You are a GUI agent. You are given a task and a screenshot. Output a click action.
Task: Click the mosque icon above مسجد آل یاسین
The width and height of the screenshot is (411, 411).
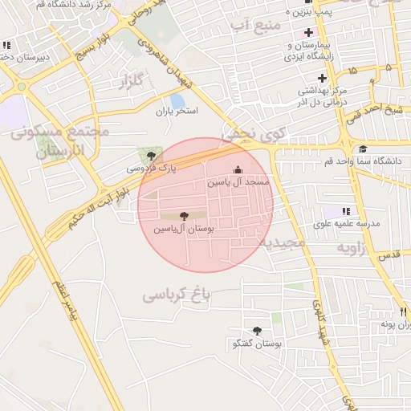pyautogui.click(x=237, y=170)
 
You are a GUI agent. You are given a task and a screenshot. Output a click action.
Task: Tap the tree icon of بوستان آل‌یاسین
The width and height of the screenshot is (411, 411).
pyautogui.click(x=185, y=216)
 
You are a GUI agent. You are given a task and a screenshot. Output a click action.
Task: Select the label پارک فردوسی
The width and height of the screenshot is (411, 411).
pyautogui.click(x=150, y=169)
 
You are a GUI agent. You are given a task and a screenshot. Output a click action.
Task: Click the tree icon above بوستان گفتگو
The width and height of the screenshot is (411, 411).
pyautogui.click(x=257, y=331)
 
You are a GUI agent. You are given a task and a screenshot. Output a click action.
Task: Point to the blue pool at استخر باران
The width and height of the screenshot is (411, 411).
pyautogui.click(x=177, y=101)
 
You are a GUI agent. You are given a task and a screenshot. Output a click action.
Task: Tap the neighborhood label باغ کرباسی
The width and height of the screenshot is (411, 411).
pyautogui.click(x=176, y=295)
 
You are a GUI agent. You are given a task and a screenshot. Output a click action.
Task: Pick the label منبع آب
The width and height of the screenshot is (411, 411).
pyautogui.click(x=256, y=27)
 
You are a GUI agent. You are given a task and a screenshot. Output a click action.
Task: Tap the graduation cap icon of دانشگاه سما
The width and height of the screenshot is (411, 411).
pyautogui.click(x=363, y=149)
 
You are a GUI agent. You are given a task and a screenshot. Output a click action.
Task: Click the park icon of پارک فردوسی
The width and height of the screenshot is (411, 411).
pyautogui.click(x=149, y=153)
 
